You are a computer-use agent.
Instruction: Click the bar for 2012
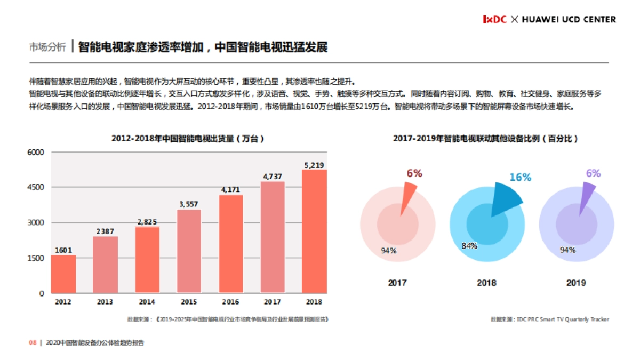click(63, 274)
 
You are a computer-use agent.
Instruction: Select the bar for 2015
click(189, 251)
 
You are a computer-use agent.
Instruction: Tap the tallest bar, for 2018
click(314, 231)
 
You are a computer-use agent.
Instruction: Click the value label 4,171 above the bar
click(231, 189)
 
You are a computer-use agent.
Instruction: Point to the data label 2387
click(105, 231)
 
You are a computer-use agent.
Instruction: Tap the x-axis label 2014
click(147, 302)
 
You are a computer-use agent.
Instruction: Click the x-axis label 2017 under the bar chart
click(273, 302)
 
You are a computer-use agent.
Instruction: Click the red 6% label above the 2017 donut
click(414, 173)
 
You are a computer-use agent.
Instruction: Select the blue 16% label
click(520, 177)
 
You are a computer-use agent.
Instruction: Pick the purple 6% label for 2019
click(593, 173)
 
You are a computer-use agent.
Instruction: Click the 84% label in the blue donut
click(469, 246)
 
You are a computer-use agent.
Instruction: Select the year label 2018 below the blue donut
click(486, 283)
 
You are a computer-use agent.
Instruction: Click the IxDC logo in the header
click(494, 19)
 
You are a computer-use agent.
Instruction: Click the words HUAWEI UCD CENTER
click(569, 19)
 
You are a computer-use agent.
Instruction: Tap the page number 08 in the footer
click(32, 343)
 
